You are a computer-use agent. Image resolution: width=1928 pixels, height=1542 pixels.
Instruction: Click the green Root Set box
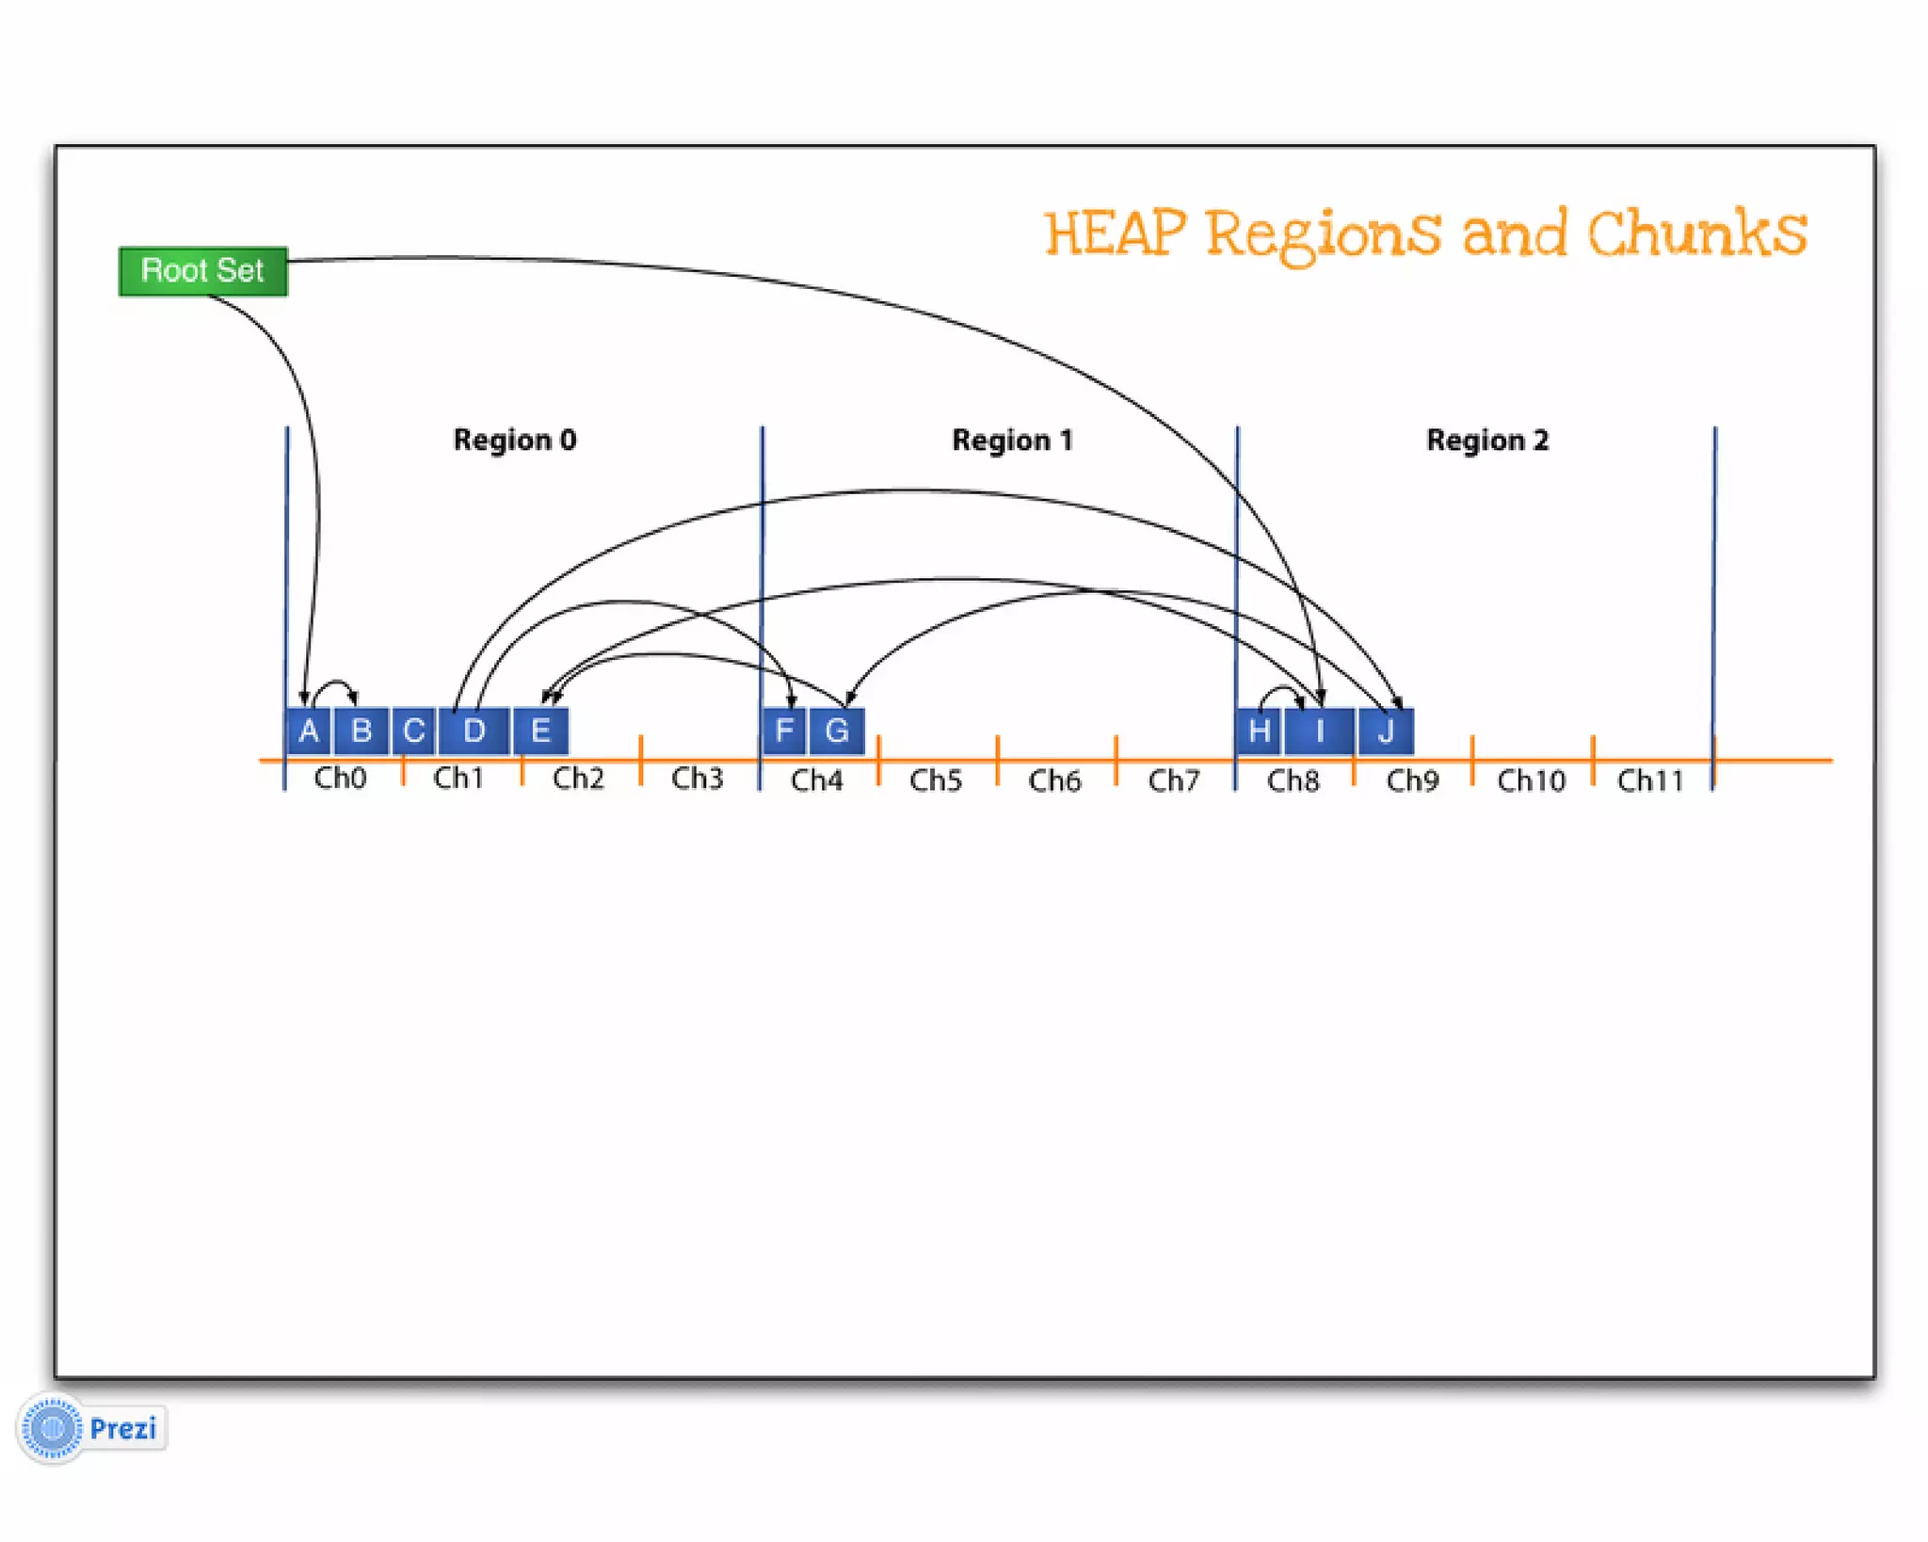[202, 271]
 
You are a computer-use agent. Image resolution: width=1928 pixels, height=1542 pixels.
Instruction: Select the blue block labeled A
[308, 731]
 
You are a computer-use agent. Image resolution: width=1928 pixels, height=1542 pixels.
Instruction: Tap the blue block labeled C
[413, 731]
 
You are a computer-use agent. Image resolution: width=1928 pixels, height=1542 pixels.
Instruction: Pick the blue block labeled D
[474, 731]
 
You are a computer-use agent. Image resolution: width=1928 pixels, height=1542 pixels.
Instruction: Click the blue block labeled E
[540, 731]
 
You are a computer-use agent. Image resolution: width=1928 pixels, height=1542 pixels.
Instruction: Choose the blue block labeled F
[783, 731]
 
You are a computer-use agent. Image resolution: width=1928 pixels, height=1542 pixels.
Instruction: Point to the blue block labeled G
[837, 731]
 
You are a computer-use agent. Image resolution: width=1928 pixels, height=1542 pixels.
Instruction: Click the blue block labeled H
[1259, 731]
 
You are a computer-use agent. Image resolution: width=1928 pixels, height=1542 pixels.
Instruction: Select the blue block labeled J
[1386, 731]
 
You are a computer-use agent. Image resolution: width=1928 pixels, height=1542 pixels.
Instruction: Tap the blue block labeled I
[1320, 731]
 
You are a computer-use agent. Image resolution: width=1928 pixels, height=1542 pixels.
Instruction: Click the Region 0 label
[514, 440]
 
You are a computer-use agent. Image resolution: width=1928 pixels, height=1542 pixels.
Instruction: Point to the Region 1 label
[1012, 440]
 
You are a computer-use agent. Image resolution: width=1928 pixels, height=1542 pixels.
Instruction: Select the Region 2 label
[1486, 440]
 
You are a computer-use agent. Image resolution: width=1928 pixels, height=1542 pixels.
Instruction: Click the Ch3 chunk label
[697, 779]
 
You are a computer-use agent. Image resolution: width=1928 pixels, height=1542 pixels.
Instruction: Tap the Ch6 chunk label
[1054, 780]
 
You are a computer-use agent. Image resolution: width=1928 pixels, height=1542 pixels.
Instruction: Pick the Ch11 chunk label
[1649, 780]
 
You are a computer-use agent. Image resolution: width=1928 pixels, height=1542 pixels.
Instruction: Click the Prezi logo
[92, 1428]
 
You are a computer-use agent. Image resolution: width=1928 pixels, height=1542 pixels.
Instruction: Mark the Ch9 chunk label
[1412, 780]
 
